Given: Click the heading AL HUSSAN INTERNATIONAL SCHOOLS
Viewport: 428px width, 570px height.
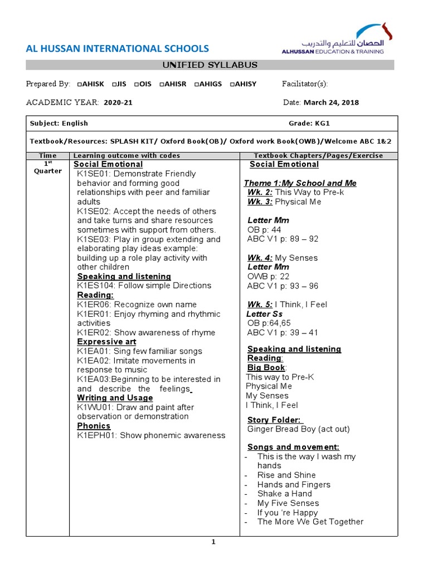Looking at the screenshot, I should pyautogui.click(x=118, y=49).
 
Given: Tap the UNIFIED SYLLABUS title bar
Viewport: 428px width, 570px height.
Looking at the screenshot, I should pyautogui.click(x=210, y=65).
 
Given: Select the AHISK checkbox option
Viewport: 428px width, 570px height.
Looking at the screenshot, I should pyautogui.click(x=90, y=84).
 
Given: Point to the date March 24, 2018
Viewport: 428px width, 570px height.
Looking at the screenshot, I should pyautogui.click(x=331, y=102).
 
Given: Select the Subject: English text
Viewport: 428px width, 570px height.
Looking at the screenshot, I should pyautogui.click(x=59, y=123).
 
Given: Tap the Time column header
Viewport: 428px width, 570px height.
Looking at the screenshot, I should pyautogui.click(x=48, y=155).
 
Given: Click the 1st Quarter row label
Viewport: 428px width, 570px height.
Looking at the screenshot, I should pyautogui.click(x=48, y=168).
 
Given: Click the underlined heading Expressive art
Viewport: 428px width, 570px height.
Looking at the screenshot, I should pyautogui.click(x=106, y=342).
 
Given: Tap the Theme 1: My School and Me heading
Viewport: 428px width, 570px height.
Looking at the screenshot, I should pyautogui.click(x=300, y=183).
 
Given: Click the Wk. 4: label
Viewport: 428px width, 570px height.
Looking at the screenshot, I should pyautogui.click(x=260, y=258).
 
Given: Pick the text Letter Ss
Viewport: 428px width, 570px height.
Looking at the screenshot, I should pyautogui.click(x=264, y=314).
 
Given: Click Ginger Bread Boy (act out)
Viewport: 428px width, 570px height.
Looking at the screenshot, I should pyautogui.click(x=299, y=429).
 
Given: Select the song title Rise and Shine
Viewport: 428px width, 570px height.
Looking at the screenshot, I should pyautogui.click(x=286, y=475).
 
